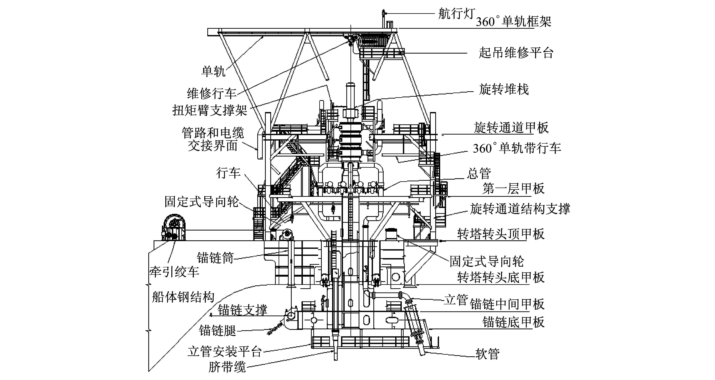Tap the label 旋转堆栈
click(504, 90)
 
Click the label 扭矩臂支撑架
click(210, 110)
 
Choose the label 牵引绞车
click(174, 272)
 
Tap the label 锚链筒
click(215, 258)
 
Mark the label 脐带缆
click(227, 367)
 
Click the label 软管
click(487, 354)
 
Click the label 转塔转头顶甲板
click(501, 234)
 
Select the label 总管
click(479, 174)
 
